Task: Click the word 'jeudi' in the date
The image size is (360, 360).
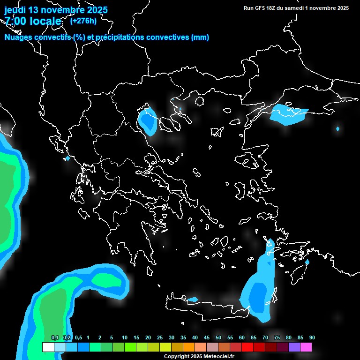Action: point(15,10)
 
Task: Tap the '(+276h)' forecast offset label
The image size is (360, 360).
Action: point(83,21)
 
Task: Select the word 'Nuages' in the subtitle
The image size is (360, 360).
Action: point(19,37)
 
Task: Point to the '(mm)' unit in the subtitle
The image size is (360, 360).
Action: point(200,37)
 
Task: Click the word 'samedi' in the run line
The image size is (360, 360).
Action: point(293,8)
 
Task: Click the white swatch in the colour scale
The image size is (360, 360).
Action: point(48,347)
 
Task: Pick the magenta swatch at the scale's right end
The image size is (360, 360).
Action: point(306,347)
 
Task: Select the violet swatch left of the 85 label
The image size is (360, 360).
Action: point(294,347)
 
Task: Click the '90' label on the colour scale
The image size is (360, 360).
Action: point(312,338)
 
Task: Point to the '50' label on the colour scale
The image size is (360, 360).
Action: point(218,338)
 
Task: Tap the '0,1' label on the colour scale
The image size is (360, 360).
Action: point(55,338)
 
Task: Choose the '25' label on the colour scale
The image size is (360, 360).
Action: point(160,338)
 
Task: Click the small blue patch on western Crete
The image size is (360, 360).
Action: point(192,299)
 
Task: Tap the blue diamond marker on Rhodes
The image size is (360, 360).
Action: point(307,262)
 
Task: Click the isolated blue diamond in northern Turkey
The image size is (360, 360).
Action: point(337,129)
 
